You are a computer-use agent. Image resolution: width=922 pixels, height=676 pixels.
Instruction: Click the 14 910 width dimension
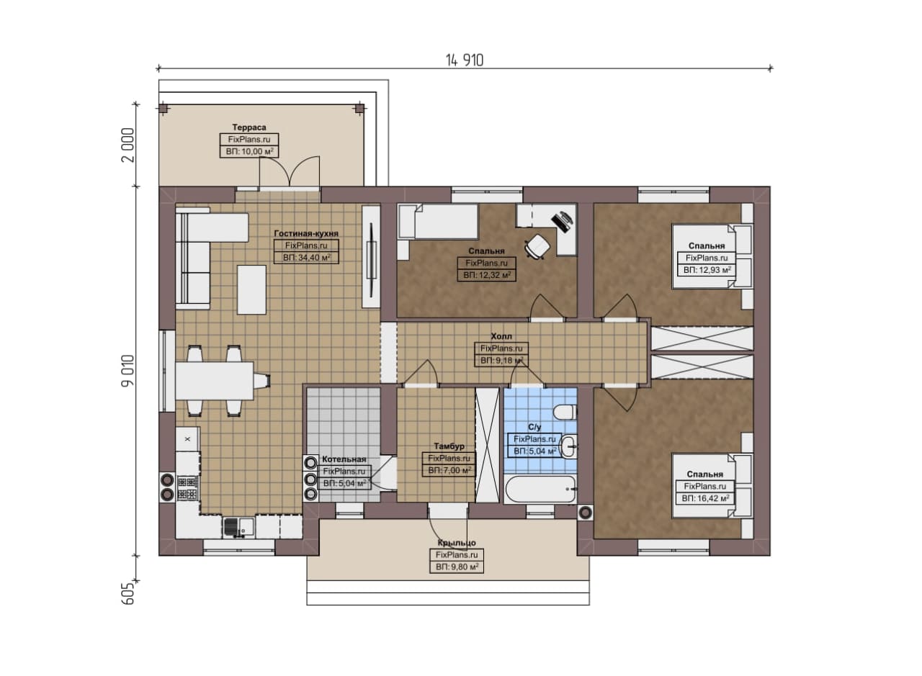pyautogui.click(x=465, y=60)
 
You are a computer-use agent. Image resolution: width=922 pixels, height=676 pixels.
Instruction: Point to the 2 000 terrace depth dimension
pyautogui.click(x=128, y=145)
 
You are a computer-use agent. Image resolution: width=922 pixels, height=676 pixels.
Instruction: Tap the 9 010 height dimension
pyautogui.click(x=128, y=370)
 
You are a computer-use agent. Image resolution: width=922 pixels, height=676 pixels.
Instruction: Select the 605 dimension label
pyautogui.click(x=128, y=594)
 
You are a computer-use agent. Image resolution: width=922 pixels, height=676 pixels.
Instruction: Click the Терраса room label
pyautogui.click(x=249, y=127)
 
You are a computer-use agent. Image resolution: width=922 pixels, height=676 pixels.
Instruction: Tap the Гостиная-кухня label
pyautogui.click(x=306, y=233)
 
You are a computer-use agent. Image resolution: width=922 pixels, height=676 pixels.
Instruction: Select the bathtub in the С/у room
pyautogui.click(x=540, y=490)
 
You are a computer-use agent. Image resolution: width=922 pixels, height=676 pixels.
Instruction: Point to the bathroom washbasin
pyautogui.click(x=568, y=446)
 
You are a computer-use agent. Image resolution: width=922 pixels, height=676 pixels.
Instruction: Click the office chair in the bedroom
pyautogui.click(x=537, y=246)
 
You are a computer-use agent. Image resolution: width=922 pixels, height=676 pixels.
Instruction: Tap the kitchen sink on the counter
pyautogui.click(x=239, y=528)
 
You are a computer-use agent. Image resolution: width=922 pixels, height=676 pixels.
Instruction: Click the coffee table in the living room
pyautogui.click(x=251, y=289)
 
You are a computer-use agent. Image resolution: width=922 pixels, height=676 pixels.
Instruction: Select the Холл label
pyautogui.click(x=501, y=336)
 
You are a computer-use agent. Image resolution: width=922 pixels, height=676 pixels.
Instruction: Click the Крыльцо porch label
pyautogui.click(x=457, y=543)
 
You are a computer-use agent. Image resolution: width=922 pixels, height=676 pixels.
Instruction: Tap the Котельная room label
pyautogui.click(x=344, y=459)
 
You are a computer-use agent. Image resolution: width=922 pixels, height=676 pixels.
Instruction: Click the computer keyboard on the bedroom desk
pyautogui.click(x=560, y=222)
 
